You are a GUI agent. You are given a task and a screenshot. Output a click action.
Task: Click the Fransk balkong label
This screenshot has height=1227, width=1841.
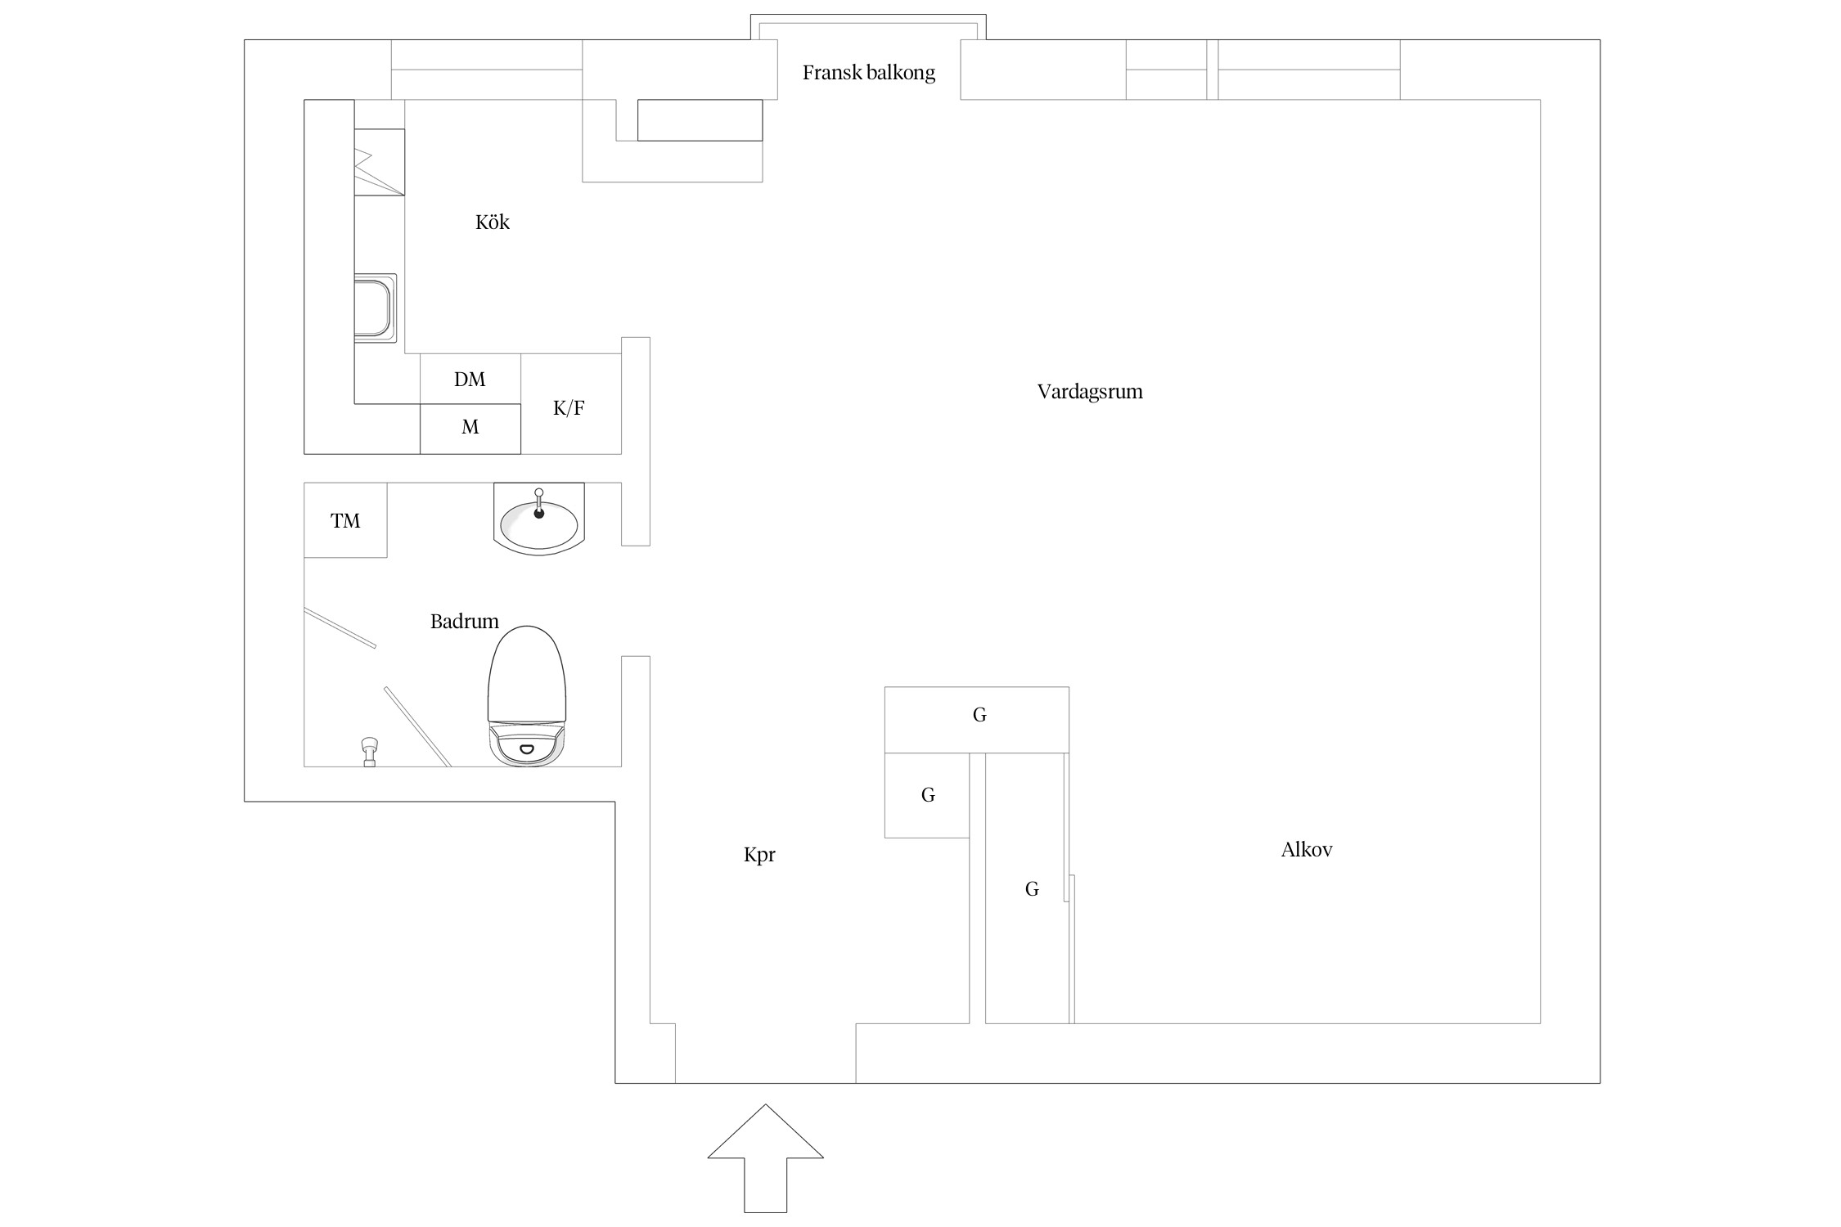(868, 73)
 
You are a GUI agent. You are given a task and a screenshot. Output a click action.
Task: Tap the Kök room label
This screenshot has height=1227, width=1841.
(493, 222)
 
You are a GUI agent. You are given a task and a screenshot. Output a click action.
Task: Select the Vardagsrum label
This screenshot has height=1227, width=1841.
(1090, 391)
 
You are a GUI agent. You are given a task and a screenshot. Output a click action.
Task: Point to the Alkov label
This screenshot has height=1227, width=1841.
(1307, 849)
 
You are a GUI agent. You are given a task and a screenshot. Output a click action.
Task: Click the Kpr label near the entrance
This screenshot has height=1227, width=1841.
(759, 855)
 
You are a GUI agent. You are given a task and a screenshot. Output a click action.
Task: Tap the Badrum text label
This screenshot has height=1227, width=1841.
(465, 621)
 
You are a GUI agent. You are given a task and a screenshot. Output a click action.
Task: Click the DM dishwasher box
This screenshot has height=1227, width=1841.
(470, 379)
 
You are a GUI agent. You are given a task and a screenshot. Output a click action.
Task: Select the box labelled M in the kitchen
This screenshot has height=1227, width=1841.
(470, 429)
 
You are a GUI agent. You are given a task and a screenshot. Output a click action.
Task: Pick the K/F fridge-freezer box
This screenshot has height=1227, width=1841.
(571, 404)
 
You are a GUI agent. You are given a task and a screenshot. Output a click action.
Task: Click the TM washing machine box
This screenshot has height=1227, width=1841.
(345, 520)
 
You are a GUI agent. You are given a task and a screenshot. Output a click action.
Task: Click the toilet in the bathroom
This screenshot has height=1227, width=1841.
(527, 696)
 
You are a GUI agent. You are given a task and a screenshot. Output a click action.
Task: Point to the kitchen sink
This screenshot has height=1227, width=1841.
(376, 308)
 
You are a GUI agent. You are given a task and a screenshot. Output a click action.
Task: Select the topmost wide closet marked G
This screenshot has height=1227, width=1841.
(977, 720)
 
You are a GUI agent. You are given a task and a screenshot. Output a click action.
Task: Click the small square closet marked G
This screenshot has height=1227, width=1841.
(927, 795)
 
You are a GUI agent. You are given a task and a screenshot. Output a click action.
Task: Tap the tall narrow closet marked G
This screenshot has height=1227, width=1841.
(1028, 888)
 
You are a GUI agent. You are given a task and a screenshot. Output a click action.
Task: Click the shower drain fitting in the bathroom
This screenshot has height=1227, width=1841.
(370, 752)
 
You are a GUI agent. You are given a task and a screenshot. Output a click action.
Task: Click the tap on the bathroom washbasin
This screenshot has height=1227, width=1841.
(538, 503)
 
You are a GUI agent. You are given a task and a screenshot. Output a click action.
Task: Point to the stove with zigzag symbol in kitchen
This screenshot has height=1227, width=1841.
(380, 162)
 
